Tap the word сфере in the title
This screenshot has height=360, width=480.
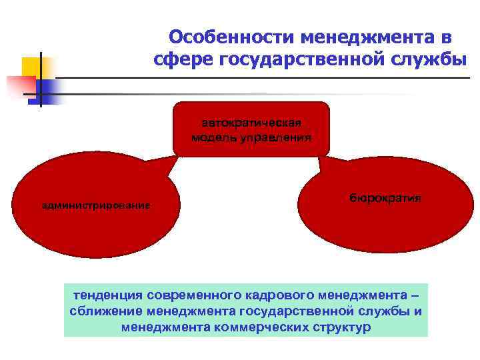tap(181, 61)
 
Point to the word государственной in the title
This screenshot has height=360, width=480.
tap(296, 61)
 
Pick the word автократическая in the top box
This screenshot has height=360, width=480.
tap(251, 123)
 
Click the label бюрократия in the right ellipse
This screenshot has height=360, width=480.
tap(385, 198)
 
